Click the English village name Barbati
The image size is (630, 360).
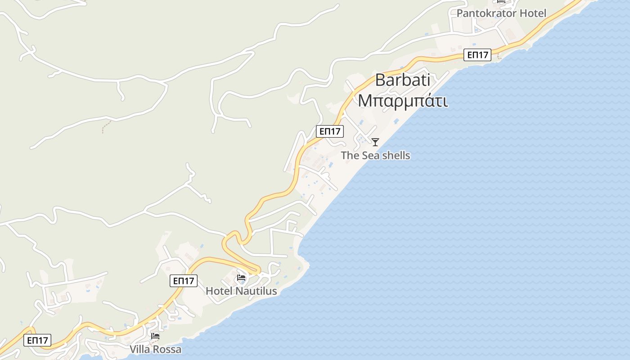(x=402, y=81)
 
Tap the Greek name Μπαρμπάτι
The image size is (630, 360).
(x=402, y=101)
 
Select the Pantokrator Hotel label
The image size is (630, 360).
(x=501, y=13)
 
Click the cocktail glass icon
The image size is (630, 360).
(x=375, y=142)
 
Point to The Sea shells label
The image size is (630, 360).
(x=375, y=156)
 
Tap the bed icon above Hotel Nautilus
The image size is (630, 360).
(x=241, y=278)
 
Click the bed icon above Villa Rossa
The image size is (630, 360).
(x=155, y=336)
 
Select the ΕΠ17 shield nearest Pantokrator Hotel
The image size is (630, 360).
(x=477, y=55)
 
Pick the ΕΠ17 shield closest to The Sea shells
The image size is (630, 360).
(x=330, y=131)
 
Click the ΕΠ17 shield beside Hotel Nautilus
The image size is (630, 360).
(x=184, y=281)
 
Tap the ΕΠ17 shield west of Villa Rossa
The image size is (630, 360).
(x=38, y=340)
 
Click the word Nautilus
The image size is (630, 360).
(x=256, y=291)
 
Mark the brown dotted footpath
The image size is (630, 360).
(x=105, y=126)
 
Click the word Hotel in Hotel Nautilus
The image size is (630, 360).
(x=219, y=291)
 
